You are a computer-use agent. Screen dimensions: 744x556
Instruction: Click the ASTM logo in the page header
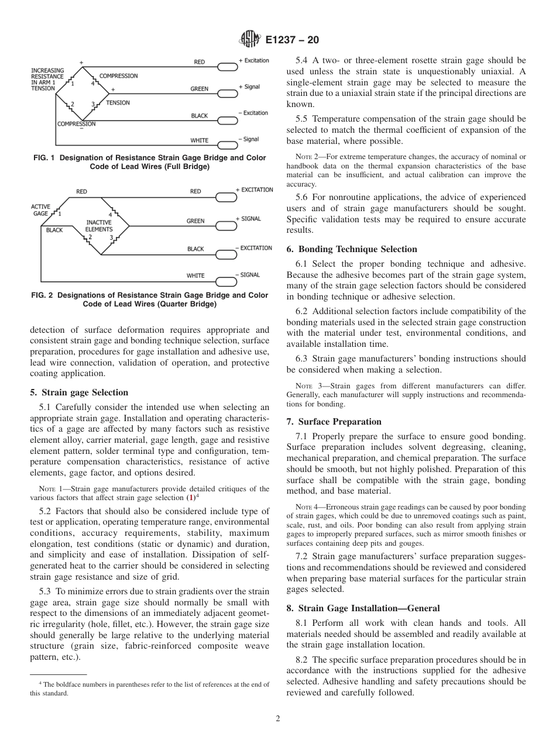click(x=249, y=40)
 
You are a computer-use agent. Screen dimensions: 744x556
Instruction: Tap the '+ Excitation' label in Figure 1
click(x=253, y=61)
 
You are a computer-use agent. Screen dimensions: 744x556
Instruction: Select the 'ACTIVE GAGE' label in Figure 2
click(x=40, y=210)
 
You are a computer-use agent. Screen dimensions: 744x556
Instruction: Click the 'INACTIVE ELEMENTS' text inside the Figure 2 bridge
click(x=99, y=226)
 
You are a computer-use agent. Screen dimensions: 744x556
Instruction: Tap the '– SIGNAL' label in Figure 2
click(x=247, y=275)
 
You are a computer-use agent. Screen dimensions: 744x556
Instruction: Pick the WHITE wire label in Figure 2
click(x=195, y=275)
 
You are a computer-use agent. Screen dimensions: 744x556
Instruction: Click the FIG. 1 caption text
click(x=149, y=162)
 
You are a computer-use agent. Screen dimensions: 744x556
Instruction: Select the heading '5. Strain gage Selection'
click(x=79, y=392)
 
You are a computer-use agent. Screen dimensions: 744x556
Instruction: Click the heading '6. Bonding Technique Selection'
click(x=352, y=249)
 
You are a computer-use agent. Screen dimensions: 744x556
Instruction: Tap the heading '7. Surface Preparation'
click(x=334, y=422)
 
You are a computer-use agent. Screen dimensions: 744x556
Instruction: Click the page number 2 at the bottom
click(x=278, y=719)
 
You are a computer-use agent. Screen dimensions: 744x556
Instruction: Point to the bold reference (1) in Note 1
click(x=190, y=498)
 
